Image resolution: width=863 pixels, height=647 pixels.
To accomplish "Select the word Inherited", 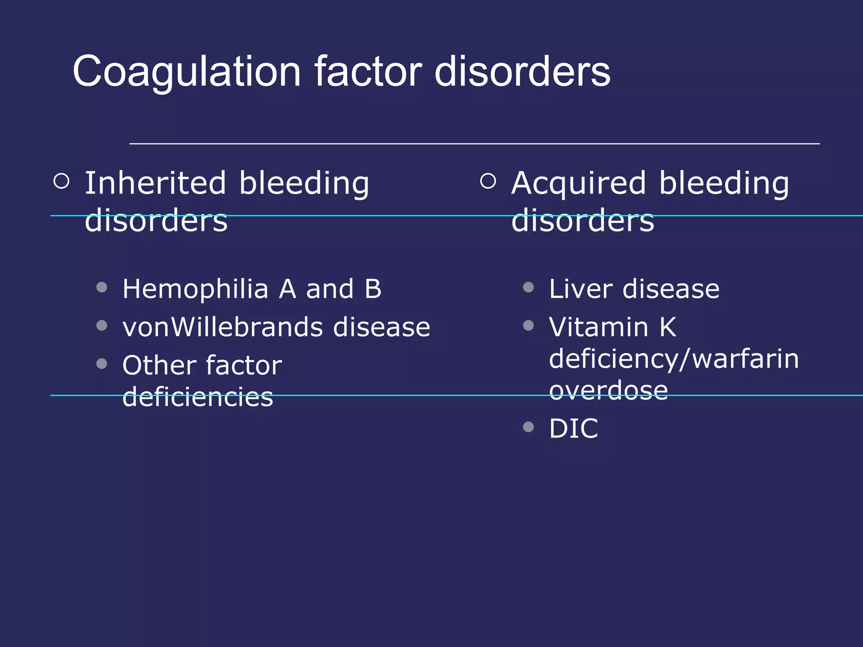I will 155,183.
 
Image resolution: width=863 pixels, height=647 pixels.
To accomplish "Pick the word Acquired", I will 578,184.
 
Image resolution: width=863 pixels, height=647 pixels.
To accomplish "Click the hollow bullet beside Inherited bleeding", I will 62,181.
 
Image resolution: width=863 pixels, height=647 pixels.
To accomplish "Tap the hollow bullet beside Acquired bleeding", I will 488,181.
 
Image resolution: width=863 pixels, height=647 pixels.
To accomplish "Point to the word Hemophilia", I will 195,289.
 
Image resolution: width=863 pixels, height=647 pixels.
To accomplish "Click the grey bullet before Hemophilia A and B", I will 102,287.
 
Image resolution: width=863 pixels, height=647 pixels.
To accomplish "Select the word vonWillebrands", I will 222,327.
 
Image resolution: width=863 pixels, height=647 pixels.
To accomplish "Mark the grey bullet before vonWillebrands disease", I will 102,325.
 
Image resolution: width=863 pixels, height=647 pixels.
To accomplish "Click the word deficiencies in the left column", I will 198,397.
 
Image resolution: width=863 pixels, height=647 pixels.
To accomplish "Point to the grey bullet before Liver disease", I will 528,287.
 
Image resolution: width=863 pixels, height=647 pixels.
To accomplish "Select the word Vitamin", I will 598,327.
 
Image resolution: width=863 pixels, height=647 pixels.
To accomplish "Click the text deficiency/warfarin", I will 674,359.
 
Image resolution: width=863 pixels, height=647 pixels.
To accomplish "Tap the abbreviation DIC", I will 574,429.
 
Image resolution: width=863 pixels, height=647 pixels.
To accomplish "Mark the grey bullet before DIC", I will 528,427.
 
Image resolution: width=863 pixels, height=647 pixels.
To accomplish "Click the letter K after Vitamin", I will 668,327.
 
